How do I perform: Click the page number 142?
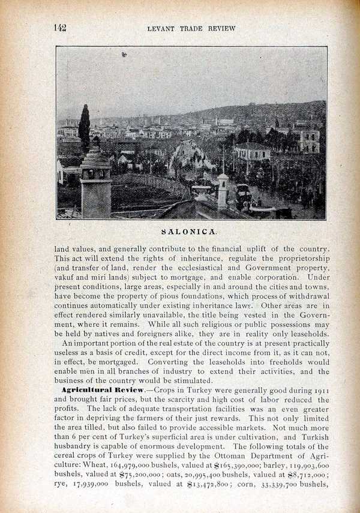tap(59, 28)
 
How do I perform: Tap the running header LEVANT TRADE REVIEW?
tap(191, 28)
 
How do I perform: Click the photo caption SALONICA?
tap(189, 230)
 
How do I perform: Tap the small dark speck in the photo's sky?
tap(124, 55)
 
